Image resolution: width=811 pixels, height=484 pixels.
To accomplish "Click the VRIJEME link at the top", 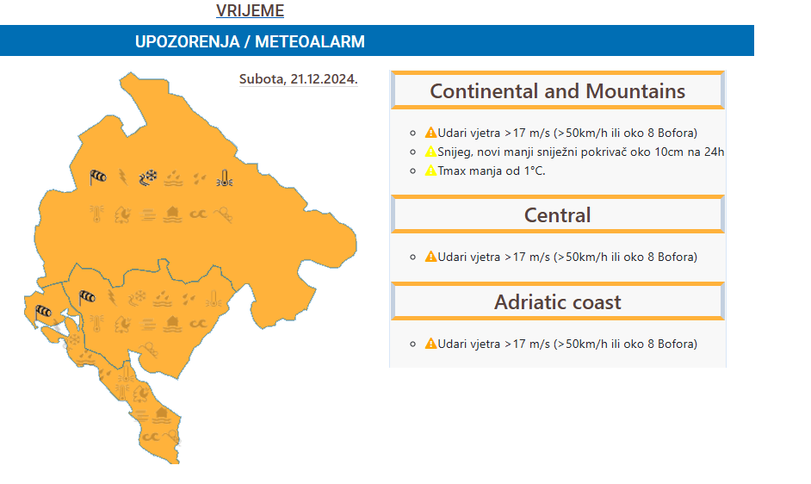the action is pos(250,11).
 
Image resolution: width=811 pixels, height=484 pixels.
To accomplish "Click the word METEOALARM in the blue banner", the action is pos(310,41).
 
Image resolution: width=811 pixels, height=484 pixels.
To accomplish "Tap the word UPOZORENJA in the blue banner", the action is pos(187,41).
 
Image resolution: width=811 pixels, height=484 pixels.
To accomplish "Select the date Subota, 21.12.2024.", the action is pos(299,79).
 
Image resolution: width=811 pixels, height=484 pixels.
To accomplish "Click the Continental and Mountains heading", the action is pos(558,91).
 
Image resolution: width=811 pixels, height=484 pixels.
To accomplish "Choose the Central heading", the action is pos(558,215).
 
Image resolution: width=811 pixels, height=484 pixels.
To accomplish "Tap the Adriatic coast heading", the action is pos(558,302).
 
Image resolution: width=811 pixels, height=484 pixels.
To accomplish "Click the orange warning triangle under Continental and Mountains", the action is pos(430,133).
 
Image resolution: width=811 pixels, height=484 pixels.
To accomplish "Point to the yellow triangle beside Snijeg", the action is pos(430,152).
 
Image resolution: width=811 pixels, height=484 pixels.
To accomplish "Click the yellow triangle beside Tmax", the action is pos(430,171).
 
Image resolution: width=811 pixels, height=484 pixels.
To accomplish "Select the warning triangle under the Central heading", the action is pos(430,257).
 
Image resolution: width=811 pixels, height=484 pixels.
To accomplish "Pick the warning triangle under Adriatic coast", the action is pos(430,344).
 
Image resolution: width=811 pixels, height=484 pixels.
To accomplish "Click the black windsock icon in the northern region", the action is pos(98,177).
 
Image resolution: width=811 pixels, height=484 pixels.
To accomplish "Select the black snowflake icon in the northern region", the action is pos(148,177).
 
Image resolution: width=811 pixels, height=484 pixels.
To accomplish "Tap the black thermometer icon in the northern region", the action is pos(225,178).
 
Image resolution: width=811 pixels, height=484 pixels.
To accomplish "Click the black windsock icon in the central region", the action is pos(87,298).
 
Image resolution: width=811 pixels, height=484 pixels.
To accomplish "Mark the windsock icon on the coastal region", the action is pos(43,312).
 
